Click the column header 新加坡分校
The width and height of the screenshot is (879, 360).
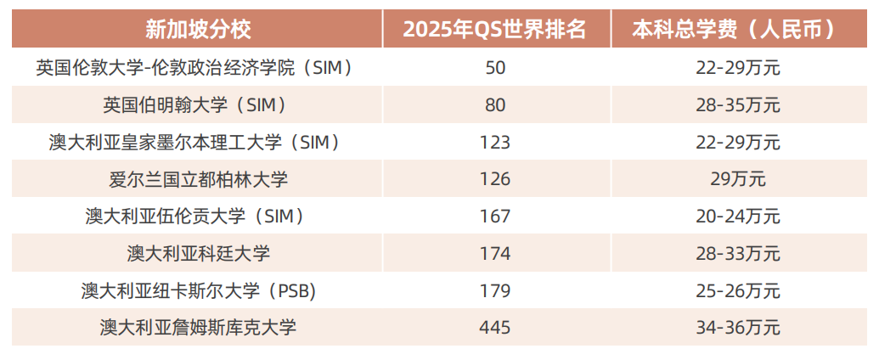pyautogui.click(x=198, y=30)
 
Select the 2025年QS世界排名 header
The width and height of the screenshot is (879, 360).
pyautogui.click(x=495, y=30)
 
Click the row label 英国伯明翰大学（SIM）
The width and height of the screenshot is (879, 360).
pyautogui.click(x=194, y=105)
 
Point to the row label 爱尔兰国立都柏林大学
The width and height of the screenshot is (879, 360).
pyautogui.click(x=194, y=179)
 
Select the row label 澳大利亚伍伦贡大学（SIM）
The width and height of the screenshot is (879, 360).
pyautogui.click(x=194, y=217)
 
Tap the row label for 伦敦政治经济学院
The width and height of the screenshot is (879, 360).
pyautogui.click(x=194, y=68)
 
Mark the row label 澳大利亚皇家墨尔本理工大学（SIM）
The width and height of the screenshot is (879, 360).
pyautogui.click(x=194, y=142)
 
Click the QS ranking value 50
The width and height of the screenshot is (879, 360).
pyautogui.click(x=495, y=68)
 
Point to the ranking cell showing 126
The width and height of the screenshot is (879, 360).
pyautogui.click(x=495, y=179)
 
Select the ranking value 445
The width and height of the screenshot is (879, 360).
pyautogui.click(x=495, y=327)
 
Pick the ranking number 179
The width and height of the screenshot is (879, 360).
pyautogui.click(x=495, y=290)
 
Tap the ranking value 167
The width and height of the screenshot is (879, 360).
pyautogui.click(x=495, y=217)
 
